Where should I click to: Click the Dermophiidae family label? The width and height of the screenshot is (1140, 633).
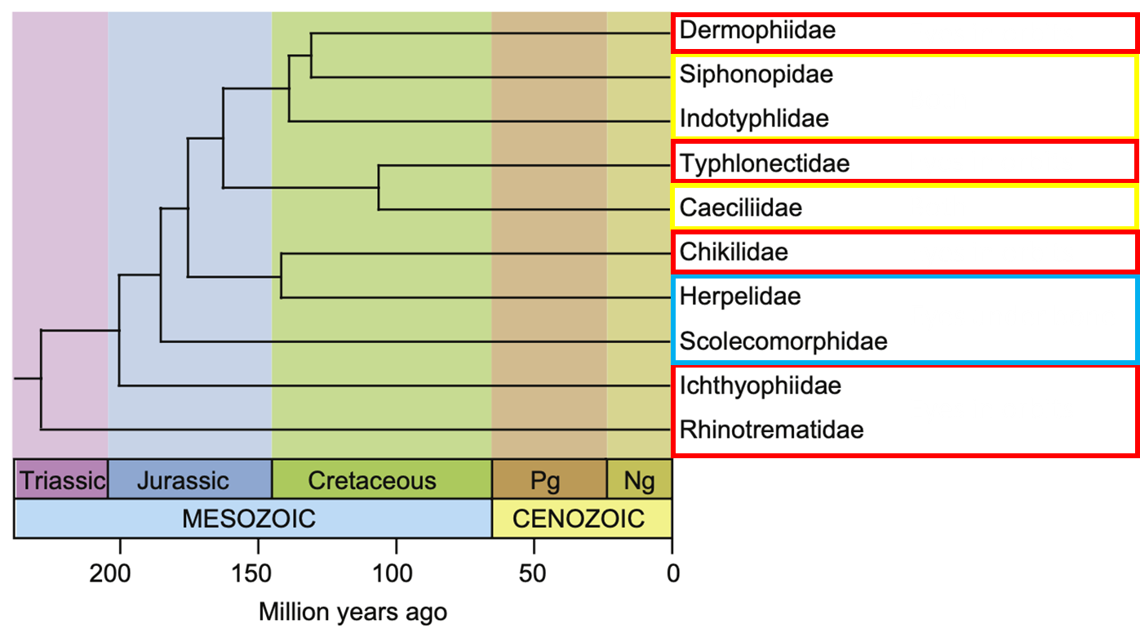757,31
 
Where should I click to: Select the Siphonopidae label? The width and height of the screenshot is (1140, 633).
756,74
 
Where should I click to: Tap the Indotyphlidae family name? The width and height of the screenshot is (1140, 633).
754,118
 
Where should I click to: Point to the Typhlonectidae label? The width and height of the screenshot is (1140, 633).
765,163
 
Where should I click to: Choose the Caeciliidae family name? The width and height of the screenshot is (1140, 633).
741,207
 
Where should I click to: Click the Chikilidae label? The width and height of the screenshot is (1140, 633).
734,252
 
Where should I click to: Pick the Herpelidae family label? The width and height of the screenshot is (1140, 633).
740,296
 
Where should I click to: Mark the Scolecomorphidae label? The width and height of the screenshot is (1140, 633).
783,341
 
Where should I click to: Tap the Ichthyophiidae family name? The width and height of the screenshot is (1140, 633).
761,385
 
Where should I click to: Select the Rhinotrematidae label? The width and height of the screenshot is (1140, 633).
771,429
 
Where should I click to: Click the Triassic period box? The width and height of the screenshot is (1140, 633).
61,479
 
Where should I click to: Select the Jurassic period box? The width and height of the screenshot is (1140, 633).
183,479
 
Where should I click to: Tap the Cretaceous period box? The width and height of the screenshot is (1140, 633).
371,479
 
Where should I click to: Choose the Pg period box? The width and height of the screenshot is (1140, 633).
545,479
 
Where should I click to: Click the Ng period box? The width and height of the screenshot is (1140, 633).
639,479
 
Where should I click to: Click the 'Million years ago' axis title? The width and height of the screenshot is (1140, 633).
353,611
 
